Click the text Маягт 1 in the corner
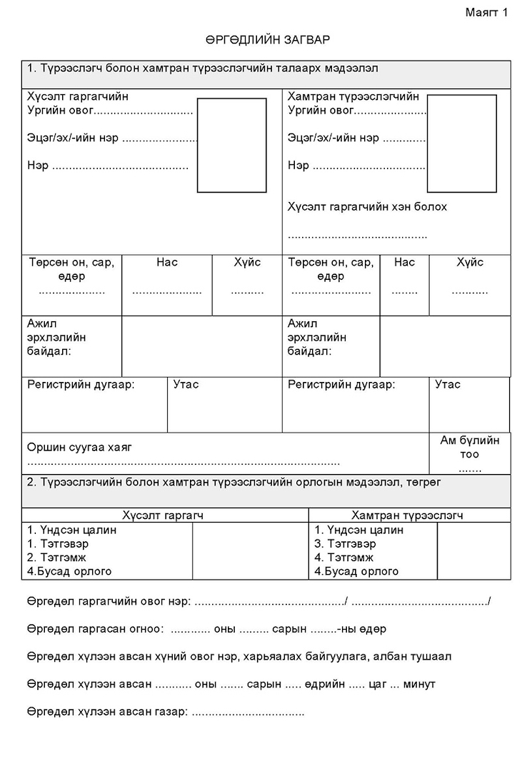tap(486, 12)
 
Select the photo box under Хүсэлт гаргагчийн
tap(231, 146)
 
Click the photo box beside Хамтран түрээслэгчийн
tap(461, 143)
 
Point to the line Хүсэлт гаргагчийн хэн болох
tap(367, 207)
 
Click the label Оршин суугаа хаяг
tap(79, 447)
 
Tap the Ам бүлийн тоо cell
tap(470, 453)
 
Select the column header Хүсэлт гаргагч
tap(164, 515)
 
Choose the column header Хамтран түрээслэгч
tap(408, 515)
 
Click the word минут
tap(419, 684)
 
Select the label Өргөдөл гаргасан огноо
tap(95, 629)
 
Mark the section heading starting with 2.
tap(234, 482)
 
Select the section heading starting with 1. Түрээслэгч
tap(202, 69)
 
